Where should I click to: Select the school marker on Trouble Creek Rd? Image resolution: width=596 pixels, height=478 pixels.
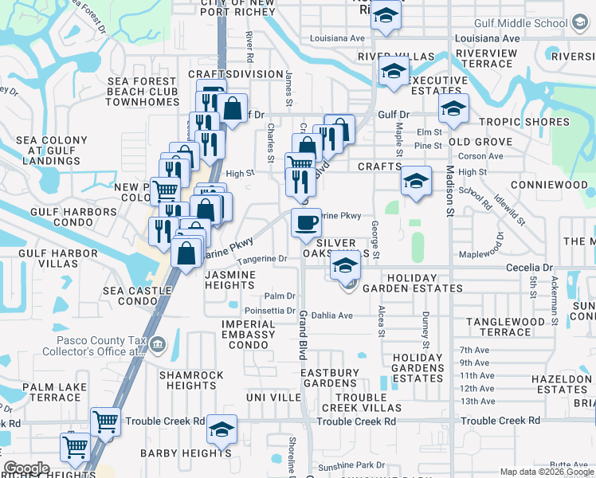[222, 430]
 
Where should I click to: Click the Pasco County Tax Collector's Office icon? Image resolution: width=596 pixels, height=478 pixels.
[157, 345]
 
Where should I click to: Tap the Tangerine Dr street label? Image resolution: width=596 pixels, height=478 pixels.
[260, 259]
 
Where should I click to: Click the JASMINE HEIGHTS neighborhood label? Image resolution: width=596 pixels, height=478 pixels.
[230, 280]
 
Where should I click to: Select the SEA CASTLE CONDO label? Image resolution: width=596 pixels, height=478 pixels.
[131, 296]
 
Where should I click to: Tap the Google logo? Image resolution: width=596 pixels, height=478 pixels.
[26, 468]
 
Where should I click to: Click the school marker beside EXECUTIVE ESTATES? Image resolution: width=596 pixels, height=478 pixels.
[394, 72]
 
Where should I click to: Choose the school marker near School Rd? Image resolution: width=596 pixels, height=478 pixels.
[416, 182]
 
